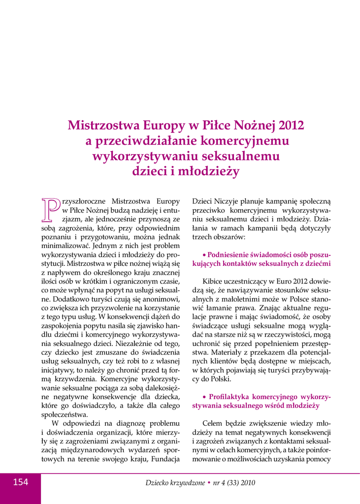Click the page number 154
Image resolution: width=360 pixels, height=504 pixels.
(x=20, y=482)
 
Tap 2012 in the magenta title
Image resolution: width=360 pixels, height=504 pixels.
(x=291, y=125)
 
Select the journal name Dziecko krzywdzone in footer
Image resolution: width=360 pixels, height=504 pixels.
(x=174, y=483)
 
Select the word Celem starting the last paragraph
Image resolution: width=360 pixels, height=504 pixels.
(x=213, y=423)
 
